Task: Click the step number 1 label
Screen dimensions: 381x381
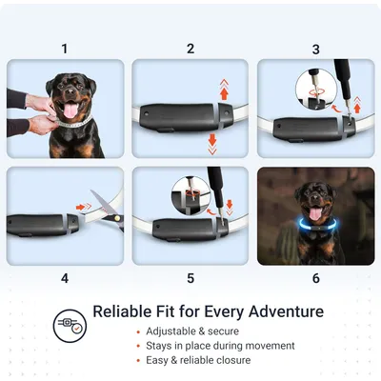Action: (x=65, y=50)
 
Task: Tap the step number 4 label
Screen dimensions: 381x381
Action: (x=65, y=278)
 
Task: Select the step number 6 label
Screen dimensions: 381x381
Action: (x=316, y=278)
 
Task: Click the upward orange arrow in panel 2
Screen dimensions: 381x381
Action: (x=224, y=90)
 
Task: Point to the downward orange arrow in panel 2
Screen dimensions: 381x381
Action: (x=212, y=144)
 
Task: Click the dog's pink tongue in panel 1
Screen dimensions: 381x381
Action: (x=70, y=110)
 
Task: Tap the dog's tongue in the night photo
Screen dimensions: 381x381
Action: (x=314, y=214)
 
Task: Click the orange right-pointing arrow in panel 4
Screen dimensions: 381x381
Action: (x=84, y=207)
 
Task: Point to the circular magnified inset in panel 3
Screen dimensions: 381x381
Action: (x=316, y=90)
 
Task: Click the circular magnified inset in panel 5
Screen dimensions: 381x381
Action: (x=191, y=195)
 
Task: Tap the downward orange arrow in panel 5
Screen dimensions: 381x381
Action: (x=230, y=208)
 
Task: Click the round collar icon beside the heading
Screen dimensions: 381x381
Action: (x=70, y=326)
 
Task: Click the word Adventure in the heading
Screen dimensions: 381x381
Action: (x=286, y=311)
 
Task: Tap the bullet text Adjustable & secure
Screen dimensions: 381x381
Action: (x=192, y=331)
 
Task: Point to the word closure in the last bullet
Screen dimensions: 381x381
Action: (x=233, y=360)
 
